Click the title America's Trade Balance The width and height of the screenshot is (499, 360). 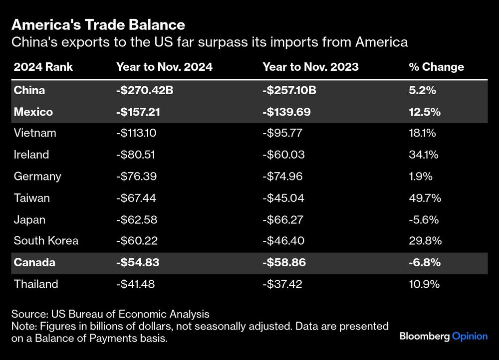point(98,24)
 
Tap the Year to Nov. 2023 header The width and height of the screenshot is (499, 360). point(310,67)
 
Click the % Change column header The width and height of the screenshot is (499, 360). point(436,67)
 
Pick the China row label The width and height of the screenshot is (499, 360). point(29,90)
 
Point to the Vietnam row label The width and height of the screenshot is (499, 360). point(35,133)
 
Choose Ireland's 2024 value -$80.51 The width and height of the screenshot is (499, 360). point(135,155)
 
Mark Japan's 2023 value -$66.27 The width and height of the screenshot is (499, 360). point(283,219)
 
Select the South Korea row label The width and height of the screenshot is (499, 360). point(46,241)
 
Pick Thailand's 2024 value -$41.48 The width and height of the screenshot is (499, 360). point(136,284)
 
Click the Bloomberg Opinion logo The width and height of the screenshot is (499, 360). point(443,336)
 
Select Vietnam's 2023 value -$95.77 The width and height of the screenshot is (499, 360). point(283,133)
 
